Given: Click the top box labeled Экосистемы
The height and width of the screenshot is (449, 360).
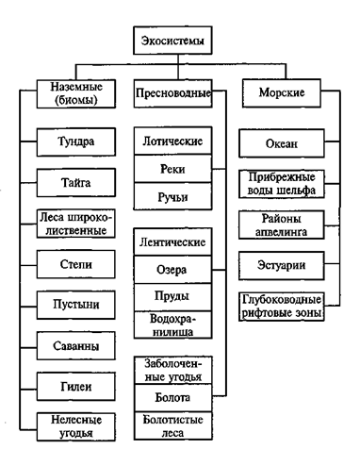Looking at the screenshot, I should [172, 41].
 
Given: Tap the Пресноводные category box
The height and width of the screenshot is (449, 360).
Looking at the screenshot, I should [172, 95].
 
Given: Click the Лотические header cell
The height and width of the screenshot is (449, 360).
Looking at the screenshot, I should [171, 142].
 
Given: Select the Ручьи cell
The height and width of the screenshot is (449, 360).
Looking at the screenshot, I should [171, 196].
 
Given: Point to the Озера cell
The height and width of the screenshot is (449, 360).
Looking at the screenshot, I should [171, 271].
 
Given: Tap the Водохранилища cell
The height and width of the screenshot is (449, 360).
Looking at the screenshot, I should [171, 325].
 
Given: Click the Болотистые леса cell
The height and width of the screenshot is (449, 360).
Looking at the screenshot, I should [171, 427].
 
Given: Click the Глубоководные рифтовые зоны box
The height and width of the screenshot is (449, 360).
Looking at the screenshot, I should [281, 305].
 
